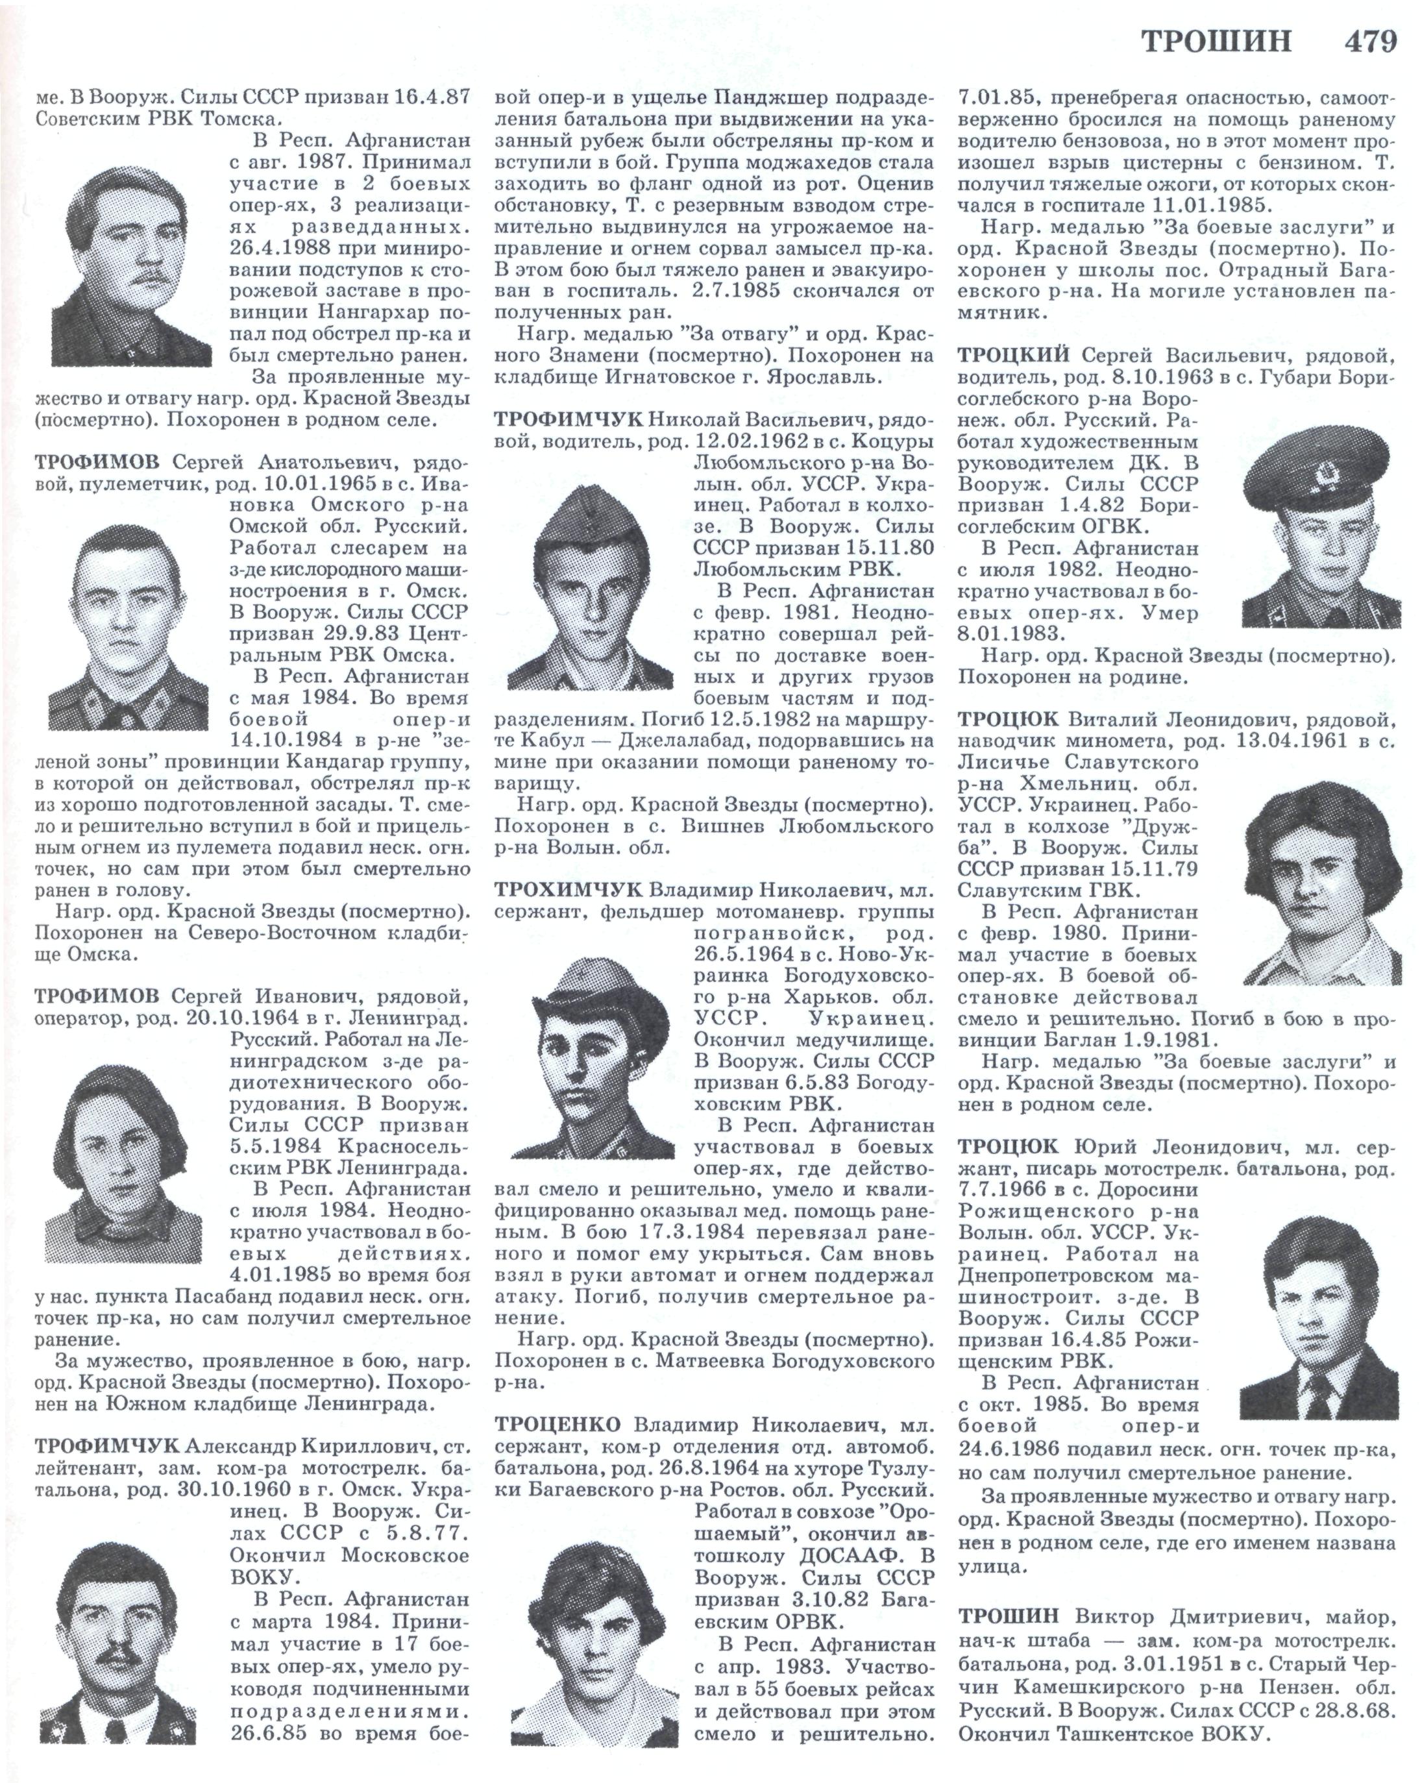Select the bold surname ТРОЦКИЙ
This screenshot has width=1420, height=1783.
[x=1013, y=356]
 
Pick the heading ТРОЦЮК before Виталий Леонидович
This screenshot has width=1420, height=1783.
[x=1007, y=719]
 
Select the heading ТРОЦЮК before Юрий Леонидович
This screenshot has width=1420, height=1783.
[x=1007, y=1147]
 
